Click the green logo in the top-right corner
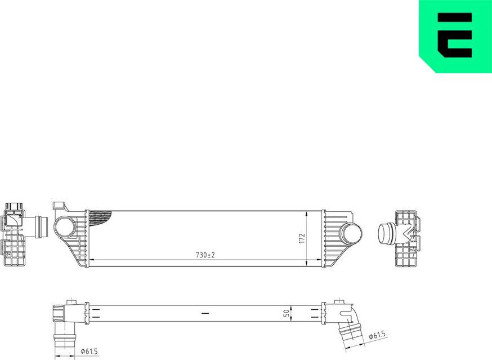456,35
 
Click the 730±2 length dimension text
205,255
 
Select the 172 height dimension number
302,238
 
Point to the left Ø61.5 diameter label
88,352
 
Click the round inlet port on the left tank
63,227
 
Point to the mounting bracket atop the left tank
59,206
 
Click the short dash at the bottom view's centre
205,312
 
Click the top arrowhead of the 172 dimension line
306,214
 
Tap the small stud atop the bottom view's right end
339,303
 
